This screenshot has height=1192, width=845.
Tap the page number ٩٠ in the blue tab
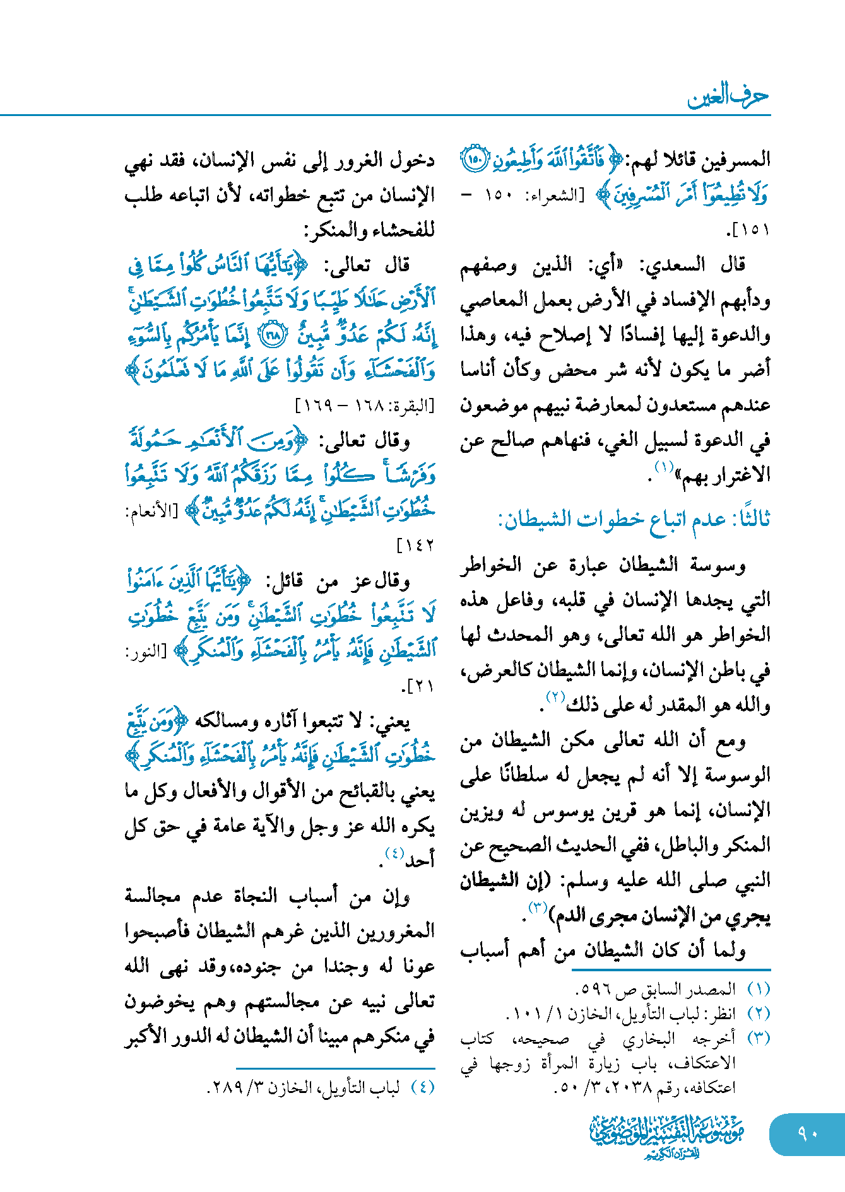[x=807, y=1133]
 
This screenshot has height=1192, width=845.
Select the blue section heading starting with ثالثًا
[x=634, y=520]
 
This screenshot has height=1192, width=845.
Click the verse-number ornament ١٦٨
[x=273, y=335]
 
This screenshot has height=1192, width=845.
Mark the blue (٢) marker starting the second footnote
[x=759, y=1014]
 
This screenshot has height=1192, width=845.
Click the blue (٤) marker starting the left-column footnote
[x=423, y=1088]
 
